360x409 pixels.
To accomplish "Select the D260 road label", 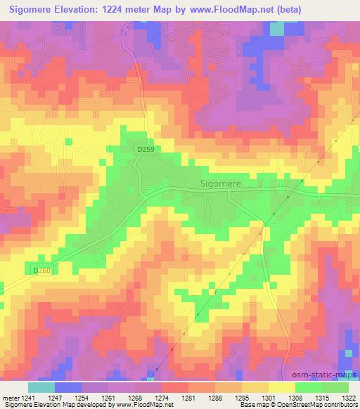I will (43, 270).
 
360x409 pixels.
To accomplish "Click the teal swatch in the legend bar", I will (41, 387).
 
